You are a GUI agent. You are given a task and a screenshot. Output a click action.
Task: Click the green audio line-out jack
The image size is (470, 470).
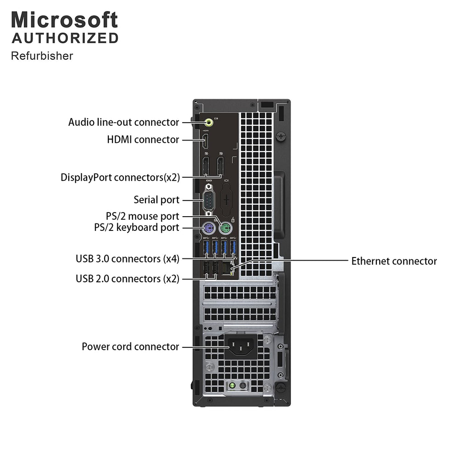209,122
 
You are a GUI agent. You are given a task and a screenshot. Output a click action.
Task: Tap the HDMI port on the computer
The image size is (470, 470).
206,141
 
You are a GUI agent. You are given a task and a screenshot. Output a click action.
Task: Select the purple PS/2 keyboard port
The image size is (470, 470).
208,229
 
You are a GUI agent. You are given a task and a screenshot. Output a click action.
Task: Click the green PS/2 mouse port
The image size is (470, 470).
225,229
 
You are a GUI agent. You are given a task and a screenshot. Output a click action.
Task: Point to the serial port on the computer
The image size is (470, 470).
209,200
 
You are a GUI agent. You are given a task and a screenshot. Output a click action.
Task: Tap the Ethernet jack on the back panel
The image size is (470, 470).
227,268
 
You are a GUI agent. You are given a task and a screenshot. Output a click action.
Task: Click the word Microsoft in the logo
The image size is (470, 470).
64,20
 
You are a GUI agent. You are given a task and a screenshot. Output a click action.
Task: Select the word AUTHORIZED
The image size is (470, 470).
65,39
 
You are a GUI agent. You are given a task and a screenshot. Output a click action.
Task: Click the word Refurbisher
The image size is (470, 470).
42,56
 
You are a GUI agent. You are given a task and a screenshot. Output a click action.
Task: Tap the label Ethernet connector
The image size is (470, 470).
394,261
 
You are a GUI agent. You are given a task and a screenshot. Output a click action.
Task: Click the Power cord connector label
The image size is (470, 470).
130,347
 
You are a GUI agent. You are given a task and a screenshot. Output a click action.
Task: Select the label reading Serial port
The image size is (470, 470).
157,200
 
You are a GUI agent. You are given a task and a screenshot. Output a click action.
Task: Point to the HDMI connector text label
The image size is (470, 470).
143,140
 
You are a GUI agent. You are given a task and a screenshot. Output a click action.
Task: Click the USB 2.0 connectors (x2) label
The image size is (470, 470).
128,279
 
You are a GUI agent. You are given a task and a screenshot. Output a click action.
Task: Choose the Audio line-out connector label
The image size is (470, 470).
123,122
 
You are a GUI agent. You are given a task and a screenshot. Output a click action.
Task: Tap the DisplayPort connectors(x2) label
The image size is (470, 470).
120,177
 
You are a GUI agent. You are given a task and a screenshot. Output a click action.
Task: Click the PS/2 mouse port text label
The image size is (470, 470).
142,216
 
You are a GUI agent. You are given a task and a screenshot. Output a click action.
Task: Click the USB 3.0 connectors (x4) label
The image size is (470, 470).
128,259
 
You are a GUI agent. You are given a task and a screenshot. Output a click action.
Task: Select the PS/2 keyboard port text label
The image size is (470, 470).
137,227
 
